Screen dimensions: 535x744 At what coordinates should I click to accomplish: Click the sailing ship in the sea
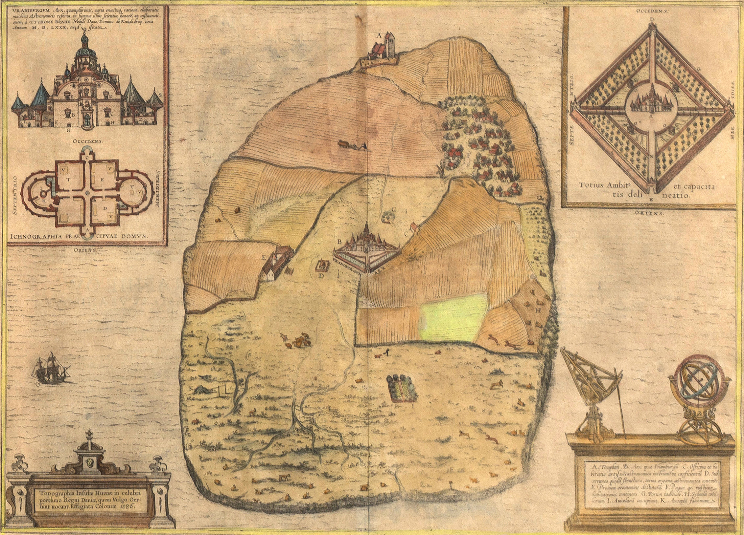(50, 369)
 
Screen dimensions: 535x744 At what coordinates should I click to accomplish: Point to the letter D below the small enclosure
(321, 275)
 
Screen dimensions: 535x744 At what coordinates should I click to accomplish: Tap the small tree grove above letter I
(402, 387)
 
